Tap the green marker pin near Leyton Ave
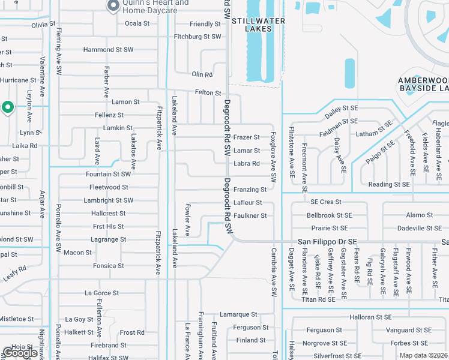[x=8, y=107]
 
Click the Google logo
[x=20, y=352]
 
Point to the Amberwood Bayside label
[x=424, y=84]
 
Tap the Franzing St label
[x=250, y=190]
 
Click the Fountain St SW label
[x=108, y=174]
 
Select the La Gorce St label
[x=102, y=293]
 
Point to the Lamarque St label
[x=238, y=314]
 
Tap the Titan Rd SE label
[x=318, y=299]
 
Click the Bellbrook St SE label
[x=329, y=215]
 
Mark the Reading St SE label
[x=389, y=185]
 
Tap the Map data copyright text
[x=423, y=355]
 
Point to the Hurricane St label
[x=19, y=80]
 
